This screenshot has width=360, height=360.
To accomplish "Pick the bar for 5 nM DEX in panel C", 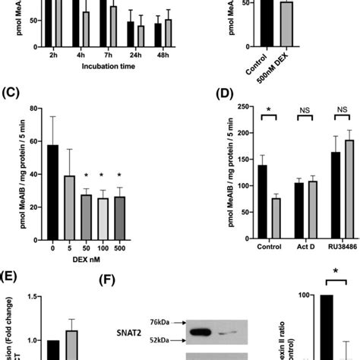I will point(69,209).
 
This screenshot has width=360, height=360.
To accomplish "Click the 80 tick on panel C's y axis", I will point(33,109).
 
